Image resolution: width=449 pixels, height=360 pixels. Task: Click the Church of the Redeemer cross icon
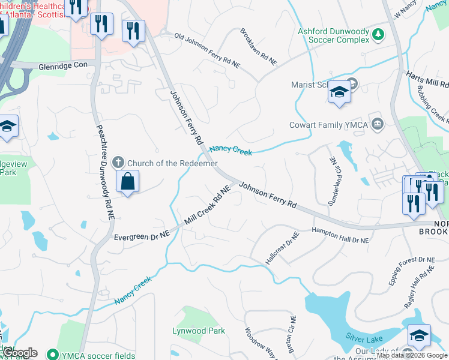tap(118, 162)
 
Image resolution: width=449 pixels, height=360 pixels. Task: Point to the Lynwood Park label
tap(198, 331)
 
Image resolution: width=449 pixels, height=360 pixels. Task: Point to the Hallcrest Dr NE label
tap(282, 252)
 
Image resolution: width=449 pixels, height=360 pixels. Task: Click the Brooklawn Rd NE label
tap(259, 46)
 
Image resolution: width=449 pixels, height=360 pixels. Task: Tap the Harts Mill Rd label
tap(427, 79)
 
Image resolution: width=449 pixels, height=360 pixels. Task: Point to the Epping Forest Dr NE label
tap(411, 270)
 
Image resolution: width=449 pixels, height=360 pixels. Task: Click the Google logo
tap(20, 353)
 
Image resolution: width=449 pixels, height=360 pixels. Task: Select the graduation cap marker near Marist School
tap(339, 92)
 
